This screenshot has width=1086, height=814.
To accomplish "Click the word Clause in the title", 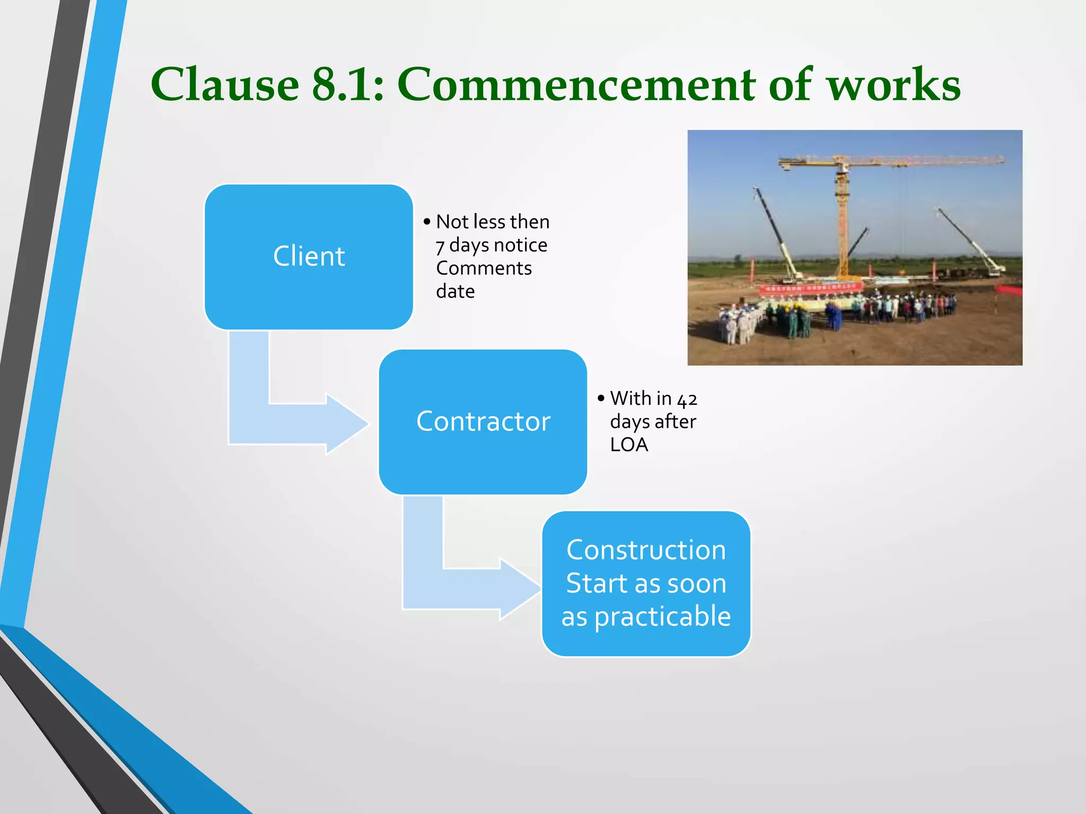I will [225, 85].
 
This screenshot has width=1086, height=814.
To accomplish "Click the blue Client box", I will [309, 256].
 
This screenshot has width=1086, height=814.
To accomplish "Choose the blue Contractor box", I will [483, 422].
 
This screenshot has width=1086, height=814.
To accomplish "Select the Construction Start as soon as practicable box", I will [646, 583].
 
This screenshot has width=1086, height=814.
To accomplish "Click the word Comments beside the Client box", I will [484, 268].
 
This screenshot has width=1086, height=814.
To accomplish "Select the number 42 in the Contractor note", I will [687, 399].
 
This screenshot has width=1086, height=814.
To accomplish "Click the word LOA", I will [629, 445].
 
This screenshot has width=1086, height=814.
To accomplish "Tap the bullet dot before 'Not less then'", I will [427, 222].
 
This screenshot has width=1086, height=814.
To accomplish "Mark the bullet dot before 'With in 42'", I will [601, 398].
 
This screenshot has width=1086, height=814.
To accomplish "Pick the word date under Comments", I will [455, 291].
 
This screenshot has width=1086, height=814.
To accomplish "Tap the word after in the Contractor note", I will [675, 422].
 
